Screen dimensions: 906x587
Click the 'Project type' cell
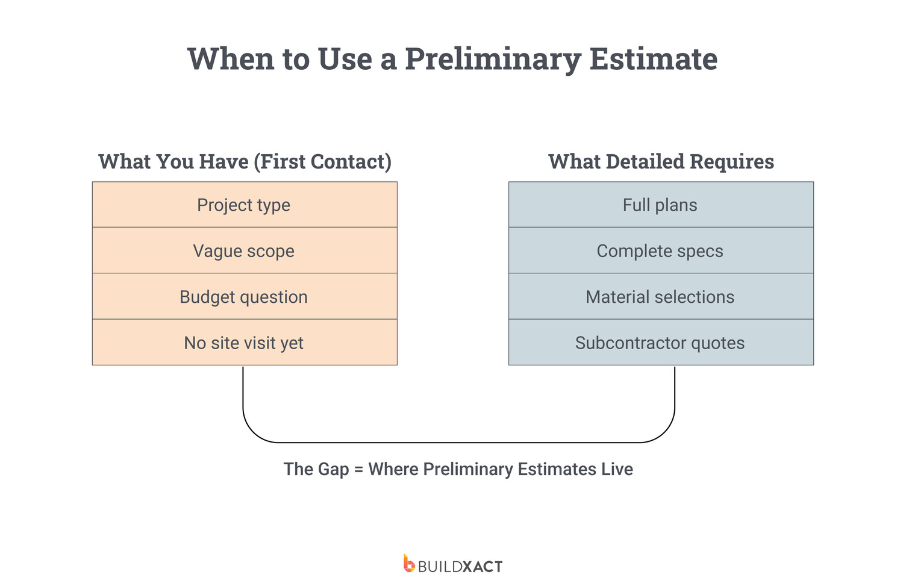point(245,205)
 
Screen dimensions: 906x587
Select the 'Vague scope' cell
point(245,250)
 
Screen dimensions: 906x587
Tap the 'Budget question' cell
point(245,296)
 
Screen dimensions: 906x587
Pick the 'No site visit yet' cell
point(245,343)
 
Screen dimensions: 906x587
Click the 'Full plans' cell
point(661,205)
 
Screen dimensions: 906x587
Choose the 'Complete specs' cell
point(661,250)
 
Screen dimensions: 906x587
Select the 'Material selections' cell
point(661,296)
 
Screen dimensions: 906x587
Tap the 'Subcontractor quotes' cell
point(661,343)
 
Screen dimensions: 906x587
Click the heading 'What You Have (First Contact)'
point(245,162)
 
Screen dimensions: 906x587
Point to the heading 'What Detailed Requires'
point(661,162)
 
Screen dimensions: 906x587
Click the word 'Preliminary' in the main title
point(493,60)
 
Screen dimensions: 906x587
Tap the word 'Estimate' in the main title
point(654,59)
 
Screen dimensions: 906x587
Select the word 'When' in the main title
point(231,59)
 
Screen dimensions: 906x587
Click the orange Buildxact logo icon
point(409,563)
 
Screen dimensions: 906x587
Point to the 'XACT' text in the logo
point(483,567)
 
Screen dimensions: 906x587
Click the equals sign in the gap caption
point(358,470)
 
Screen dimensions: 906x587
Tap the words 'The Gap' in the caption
point(316,470)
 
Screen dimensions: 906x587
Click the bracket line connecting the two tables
point(458,443)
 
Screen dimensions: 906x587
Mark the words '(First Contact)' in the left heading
point(323,162)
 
